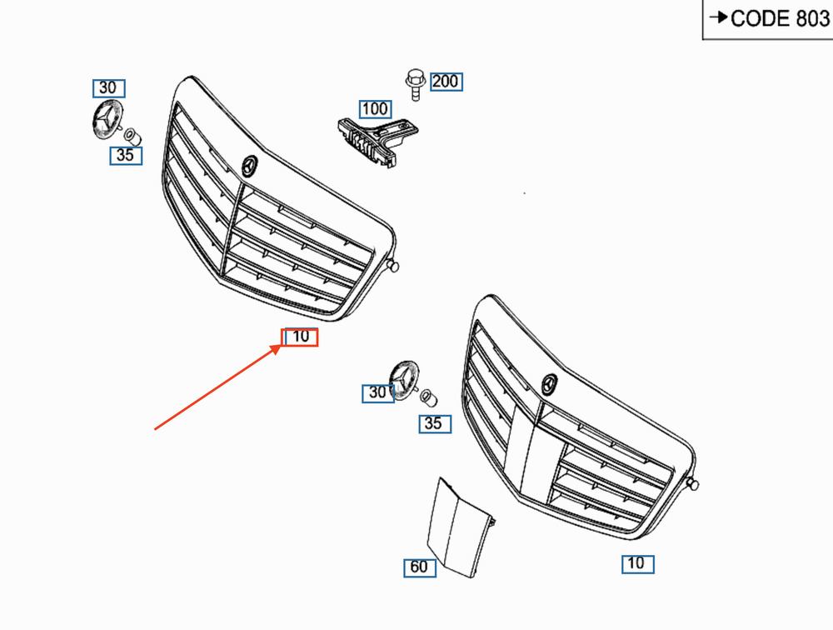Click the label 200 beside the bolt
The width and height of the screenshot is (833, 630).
click(446, 82)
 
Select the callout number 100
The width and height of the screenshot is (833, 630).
click(375, 109)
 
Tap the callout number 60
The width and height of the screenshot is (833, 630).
click(419, 567)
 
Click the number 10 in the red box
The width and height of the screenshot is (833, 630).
click(301, 337)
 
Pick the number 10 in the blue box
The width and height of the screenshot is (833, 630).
click(636, 564)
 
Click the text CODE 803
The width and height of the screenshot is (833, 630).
click(780, 19)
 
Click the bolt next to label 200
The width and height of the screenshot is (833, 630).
click(414, 83)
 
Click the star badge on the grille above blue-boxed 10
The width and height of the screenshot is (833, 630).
click(549, 384)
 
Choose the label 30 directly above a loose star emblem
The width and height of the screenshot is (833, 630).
click(108, 88)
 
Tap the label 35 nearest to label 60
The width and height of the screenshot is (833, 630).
click(433, 424)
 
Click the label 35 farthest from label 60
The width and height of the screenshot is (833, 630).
click(125, 155)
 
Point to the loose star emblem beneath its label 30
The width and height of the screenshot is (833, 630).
click(105, 122)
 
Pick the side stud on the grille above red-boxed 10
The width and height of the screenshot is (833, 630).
click(392, 266)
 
